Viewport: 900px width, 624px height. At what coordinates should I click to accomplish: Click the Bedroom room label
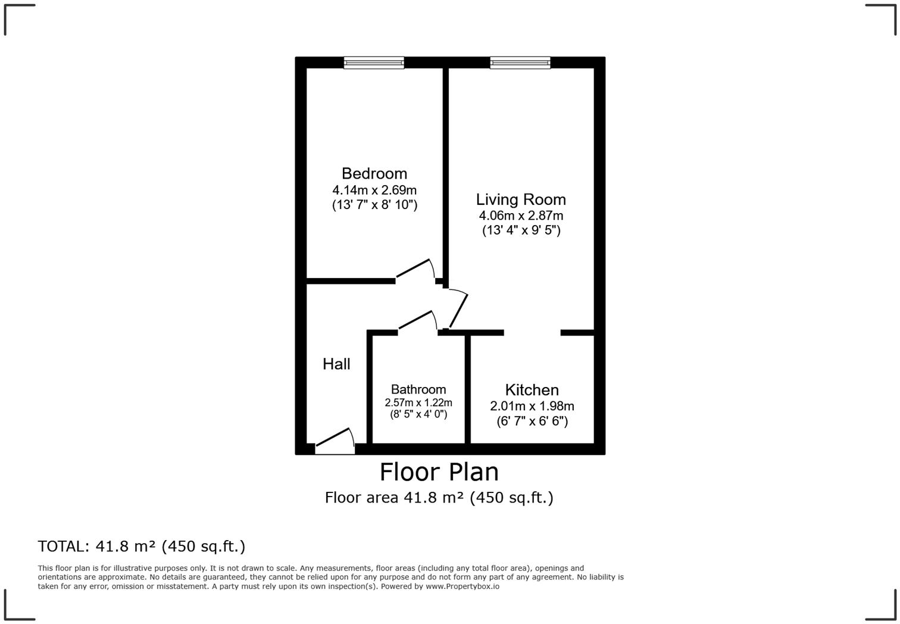(374, 173)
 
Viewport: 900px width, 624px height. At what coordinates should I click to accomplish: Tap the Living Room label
(521, 199)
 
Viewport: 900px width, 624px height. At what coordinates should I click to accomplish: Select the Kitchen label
(532, 390)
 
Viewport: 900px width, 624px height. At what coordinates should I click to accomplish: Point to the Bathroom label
(418, 389)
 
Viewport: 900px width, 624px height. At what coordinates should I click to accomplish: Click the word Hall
(336, 364)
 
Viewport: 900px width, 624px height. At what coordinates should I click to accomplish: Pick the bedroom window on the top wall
(374, 63)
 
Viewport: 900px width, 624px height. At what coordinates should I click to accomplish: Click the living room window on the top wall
(520, 63)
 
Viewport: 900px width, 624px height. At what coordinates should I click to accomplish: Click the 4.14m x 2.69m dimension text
(374, 191)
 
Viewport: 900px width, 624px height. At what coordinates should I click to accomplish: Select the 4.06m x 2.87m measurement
(521, 216)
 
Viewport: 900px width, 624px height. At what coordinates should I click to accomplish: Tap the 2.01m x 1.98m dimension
(532, 406)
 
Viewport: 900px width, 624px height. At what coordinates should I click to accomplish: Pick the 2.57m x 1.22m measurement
(418, 403)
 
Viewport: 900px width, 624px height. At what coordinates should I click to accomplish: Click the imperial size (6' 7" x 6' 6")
(532, 422)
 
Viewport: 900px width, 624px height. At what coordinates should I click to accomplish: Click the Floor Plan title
(439, 472)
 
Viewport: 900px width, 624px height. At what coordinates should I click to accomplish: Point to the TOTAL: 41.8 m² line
(142, 546)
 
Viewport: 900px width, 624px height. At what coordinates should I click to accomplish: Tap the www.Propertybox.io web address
(462, 586)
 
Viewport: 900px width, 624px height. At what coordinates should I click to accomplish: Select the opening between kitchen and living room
(532, 332)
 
